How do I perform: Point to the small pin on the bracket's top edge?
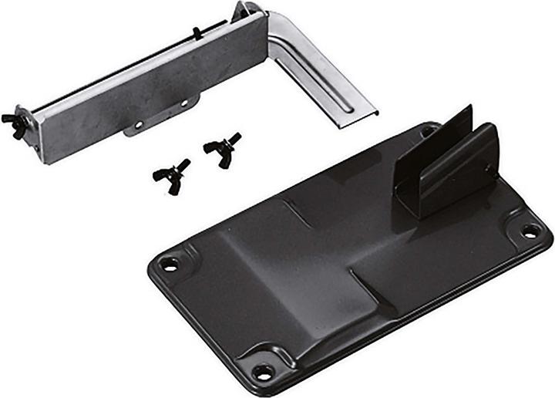197,32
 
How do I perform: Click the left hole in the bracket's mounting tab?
138,123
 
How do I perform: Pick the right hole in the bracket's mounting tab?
184,103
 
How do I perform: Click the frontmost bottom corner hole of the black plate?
264,372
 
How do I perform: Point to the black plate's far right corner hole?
530,230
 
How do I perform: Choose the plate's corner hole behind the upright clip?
427,133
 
